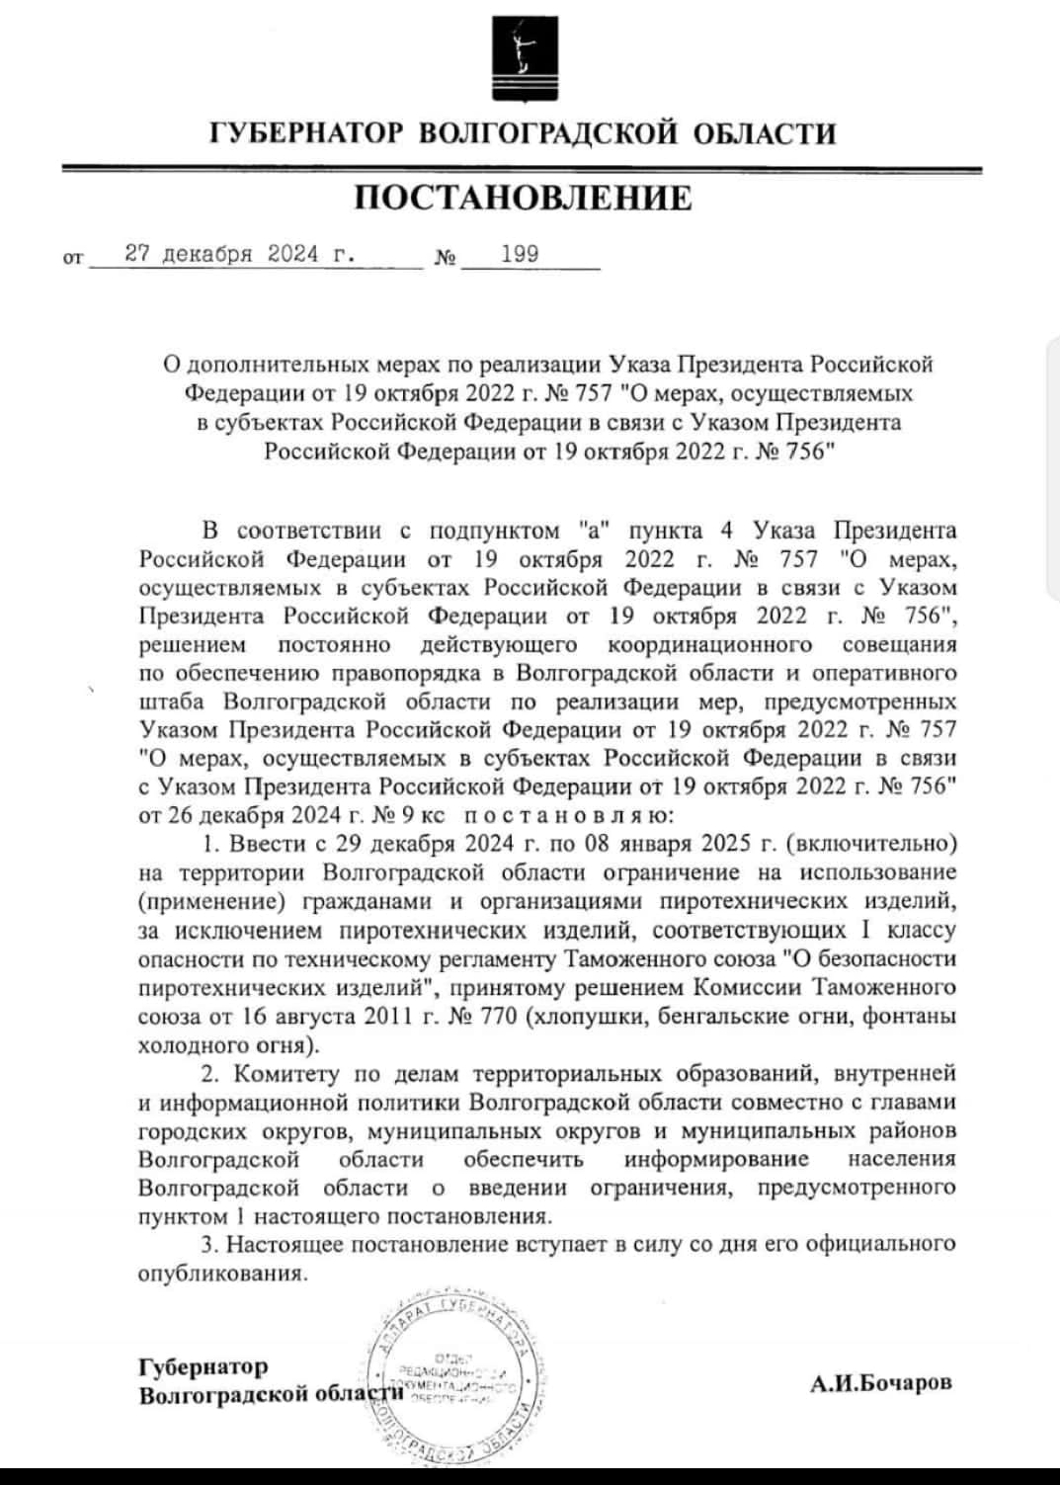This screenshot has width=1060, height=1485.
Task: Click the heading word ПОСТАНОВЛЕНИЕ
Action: (523, 198)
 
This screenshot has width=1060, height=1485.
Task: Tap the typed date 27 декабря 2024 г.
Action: (241, 254)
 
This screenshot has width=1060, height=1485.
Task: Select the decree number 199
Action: (520, 254)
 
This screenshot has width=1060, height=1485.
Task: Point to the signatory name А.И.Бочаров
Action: (881, 1383)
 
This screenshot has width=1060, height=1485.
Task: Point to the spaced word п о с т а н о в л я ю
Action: (568, 816)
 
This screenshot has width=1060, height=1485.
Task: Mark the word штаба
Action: (173, 702)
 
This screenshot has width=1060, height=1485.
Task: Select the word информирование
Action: (716, 1159)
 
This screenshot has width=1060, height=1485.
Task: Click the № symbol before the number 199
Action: (446, 259)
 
